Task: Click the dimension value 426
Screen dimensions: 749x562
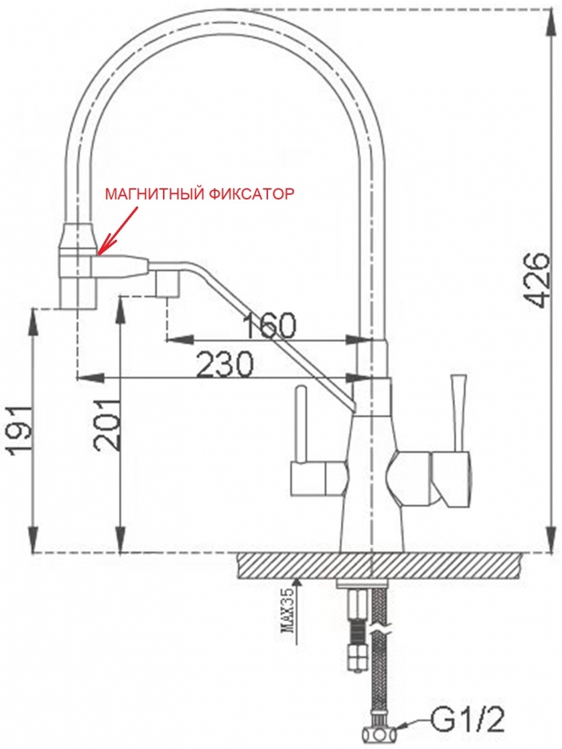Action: click(538, 279)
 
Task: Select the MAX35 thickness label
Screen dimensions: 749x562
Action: click(287, 615)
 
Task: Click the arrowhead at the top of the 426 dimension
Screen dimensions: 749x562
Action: click(551, 19)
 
